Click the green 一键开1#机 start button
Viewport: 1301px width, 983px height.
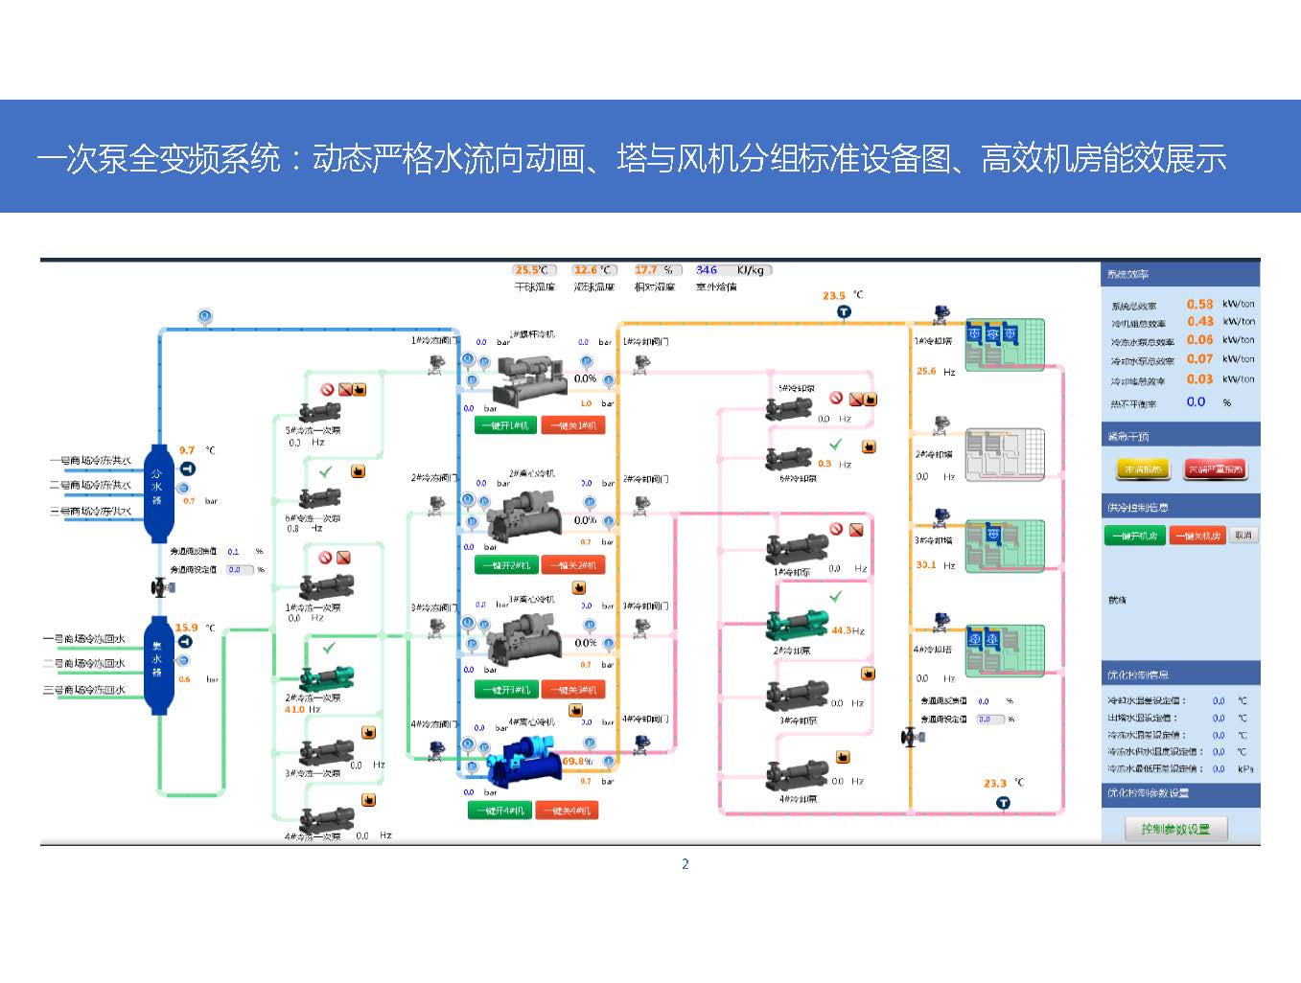[x=505, y=425]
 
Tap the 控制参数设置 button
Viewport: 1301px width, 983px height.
[x=1175, y=829]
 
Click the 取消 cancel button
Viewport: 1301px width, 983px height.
[x=1243, y=536]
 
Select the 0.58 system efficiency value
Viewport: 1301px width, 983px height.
[x=1199, y=304]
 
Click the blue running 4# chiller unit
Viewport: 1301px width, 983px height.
[x=522, y=762]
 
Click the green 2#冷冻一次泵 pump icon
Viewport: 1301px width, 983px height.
[x=327, y=675]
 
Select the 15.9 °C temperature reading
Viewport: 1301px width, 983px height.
[x=186, y=628]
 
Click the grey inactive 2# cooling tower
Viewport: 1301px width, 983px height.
[x=1004, y=454]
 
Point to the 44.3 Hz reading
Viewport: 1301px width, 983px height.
[x=848, y=630]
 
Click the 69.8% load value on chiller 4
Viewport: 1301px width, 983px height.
[x=577, y=762]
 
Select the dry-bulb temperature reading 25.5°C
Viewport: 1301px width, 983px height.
[x=531, y=270]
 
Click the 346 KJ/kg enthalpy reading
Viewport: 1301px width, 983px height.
[x=708, y=270]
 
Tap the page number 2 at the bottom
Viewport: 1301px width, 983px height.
[x=685, y=864]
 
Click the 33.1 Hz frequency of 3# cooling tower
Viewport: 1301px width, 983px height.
[x=926, y=565]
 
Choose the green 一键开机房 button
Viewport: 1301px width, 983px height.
[x=1135, y=536]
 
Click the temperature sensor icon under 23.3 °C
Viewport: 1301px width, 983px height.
[x=1003, y=803]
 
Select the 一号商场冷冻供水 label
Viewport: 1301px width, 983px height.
[x=91, y=461]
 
